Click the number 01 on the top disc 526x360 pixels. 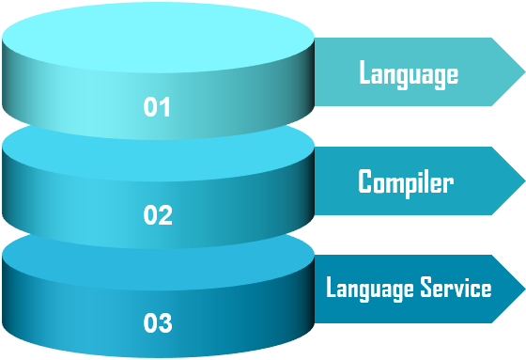click(x=157, y=107)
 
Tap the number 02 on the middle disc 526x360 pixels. click(x=158, y=215)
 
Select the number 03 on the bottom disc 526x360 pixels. click(x=158, y=324)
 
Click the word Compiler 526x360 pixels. click(x=405, y=181)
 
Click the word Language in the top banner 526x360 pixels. click(x=409, y=73)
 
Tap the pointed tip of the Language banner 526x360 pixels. click(x=523, y=72)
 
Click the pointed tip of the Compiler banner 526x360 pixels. click(x=523, y=180)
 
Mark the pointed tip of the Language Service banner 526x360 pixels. click(x=523, y=289)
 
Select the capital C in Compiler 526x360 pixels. click(x=365, y=181)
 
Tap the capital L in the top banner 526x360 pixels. click(x=364, y=73)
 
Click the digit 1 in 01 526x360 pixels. click(x=165, y=107)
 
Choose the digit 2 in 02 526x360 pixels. click(x=165, y=215)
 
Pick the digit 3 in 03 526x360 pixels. click(x=165, y=324)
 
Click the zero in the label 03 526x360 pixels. click(x=150, y=324)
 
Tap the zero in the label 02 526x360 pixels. click(x=150, y=215)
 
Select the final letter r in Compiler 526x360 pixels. click(x=448, y=183)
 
